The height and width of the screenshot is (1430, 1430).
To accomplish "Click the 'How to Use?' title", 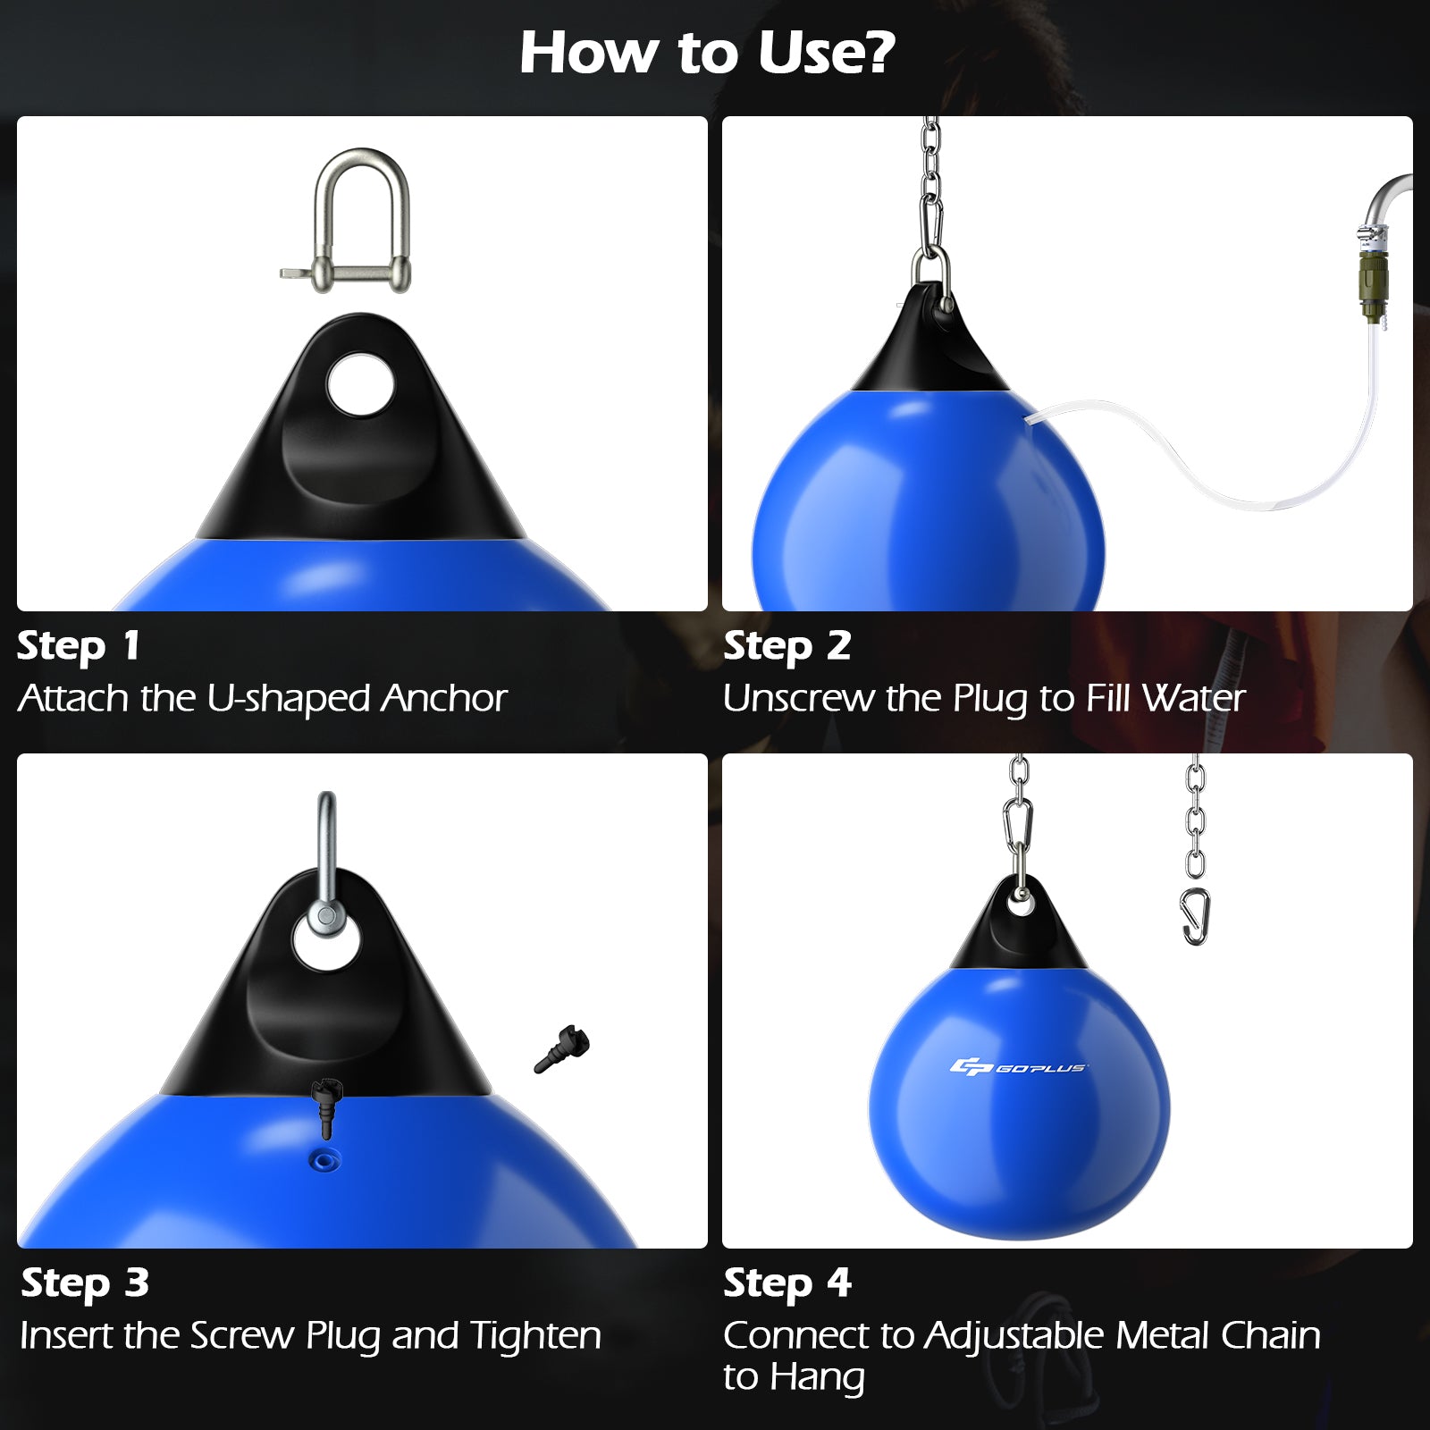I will coord(707,54).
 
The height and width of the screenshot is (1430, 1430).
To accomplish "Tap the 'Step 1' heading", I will coord(79,646).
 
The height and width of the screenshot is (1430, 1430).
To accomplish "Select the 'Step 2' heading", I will coord(786,646).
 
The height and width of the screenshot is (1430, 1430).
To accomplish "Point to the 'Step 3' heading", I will coord(85,1283).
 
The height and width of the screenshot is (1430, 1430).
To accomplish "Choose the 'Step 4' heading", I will coord(786,1283).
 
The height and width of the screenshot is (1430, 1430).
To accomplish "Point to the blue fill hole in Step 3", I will coord(324,1161).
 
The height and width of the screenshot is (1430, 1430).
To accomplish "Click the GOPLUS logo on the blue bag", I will coord(1018,1067).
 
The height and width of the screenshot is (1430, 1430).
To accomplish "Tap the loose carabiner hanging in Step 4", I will coord(1196,916).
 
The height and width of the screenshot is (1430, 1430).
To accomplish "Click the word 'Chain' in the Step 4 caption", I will coord(1270,1336).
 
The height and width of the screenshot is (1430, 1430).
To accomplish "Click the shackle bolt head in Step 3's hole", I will coord(325,916).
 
